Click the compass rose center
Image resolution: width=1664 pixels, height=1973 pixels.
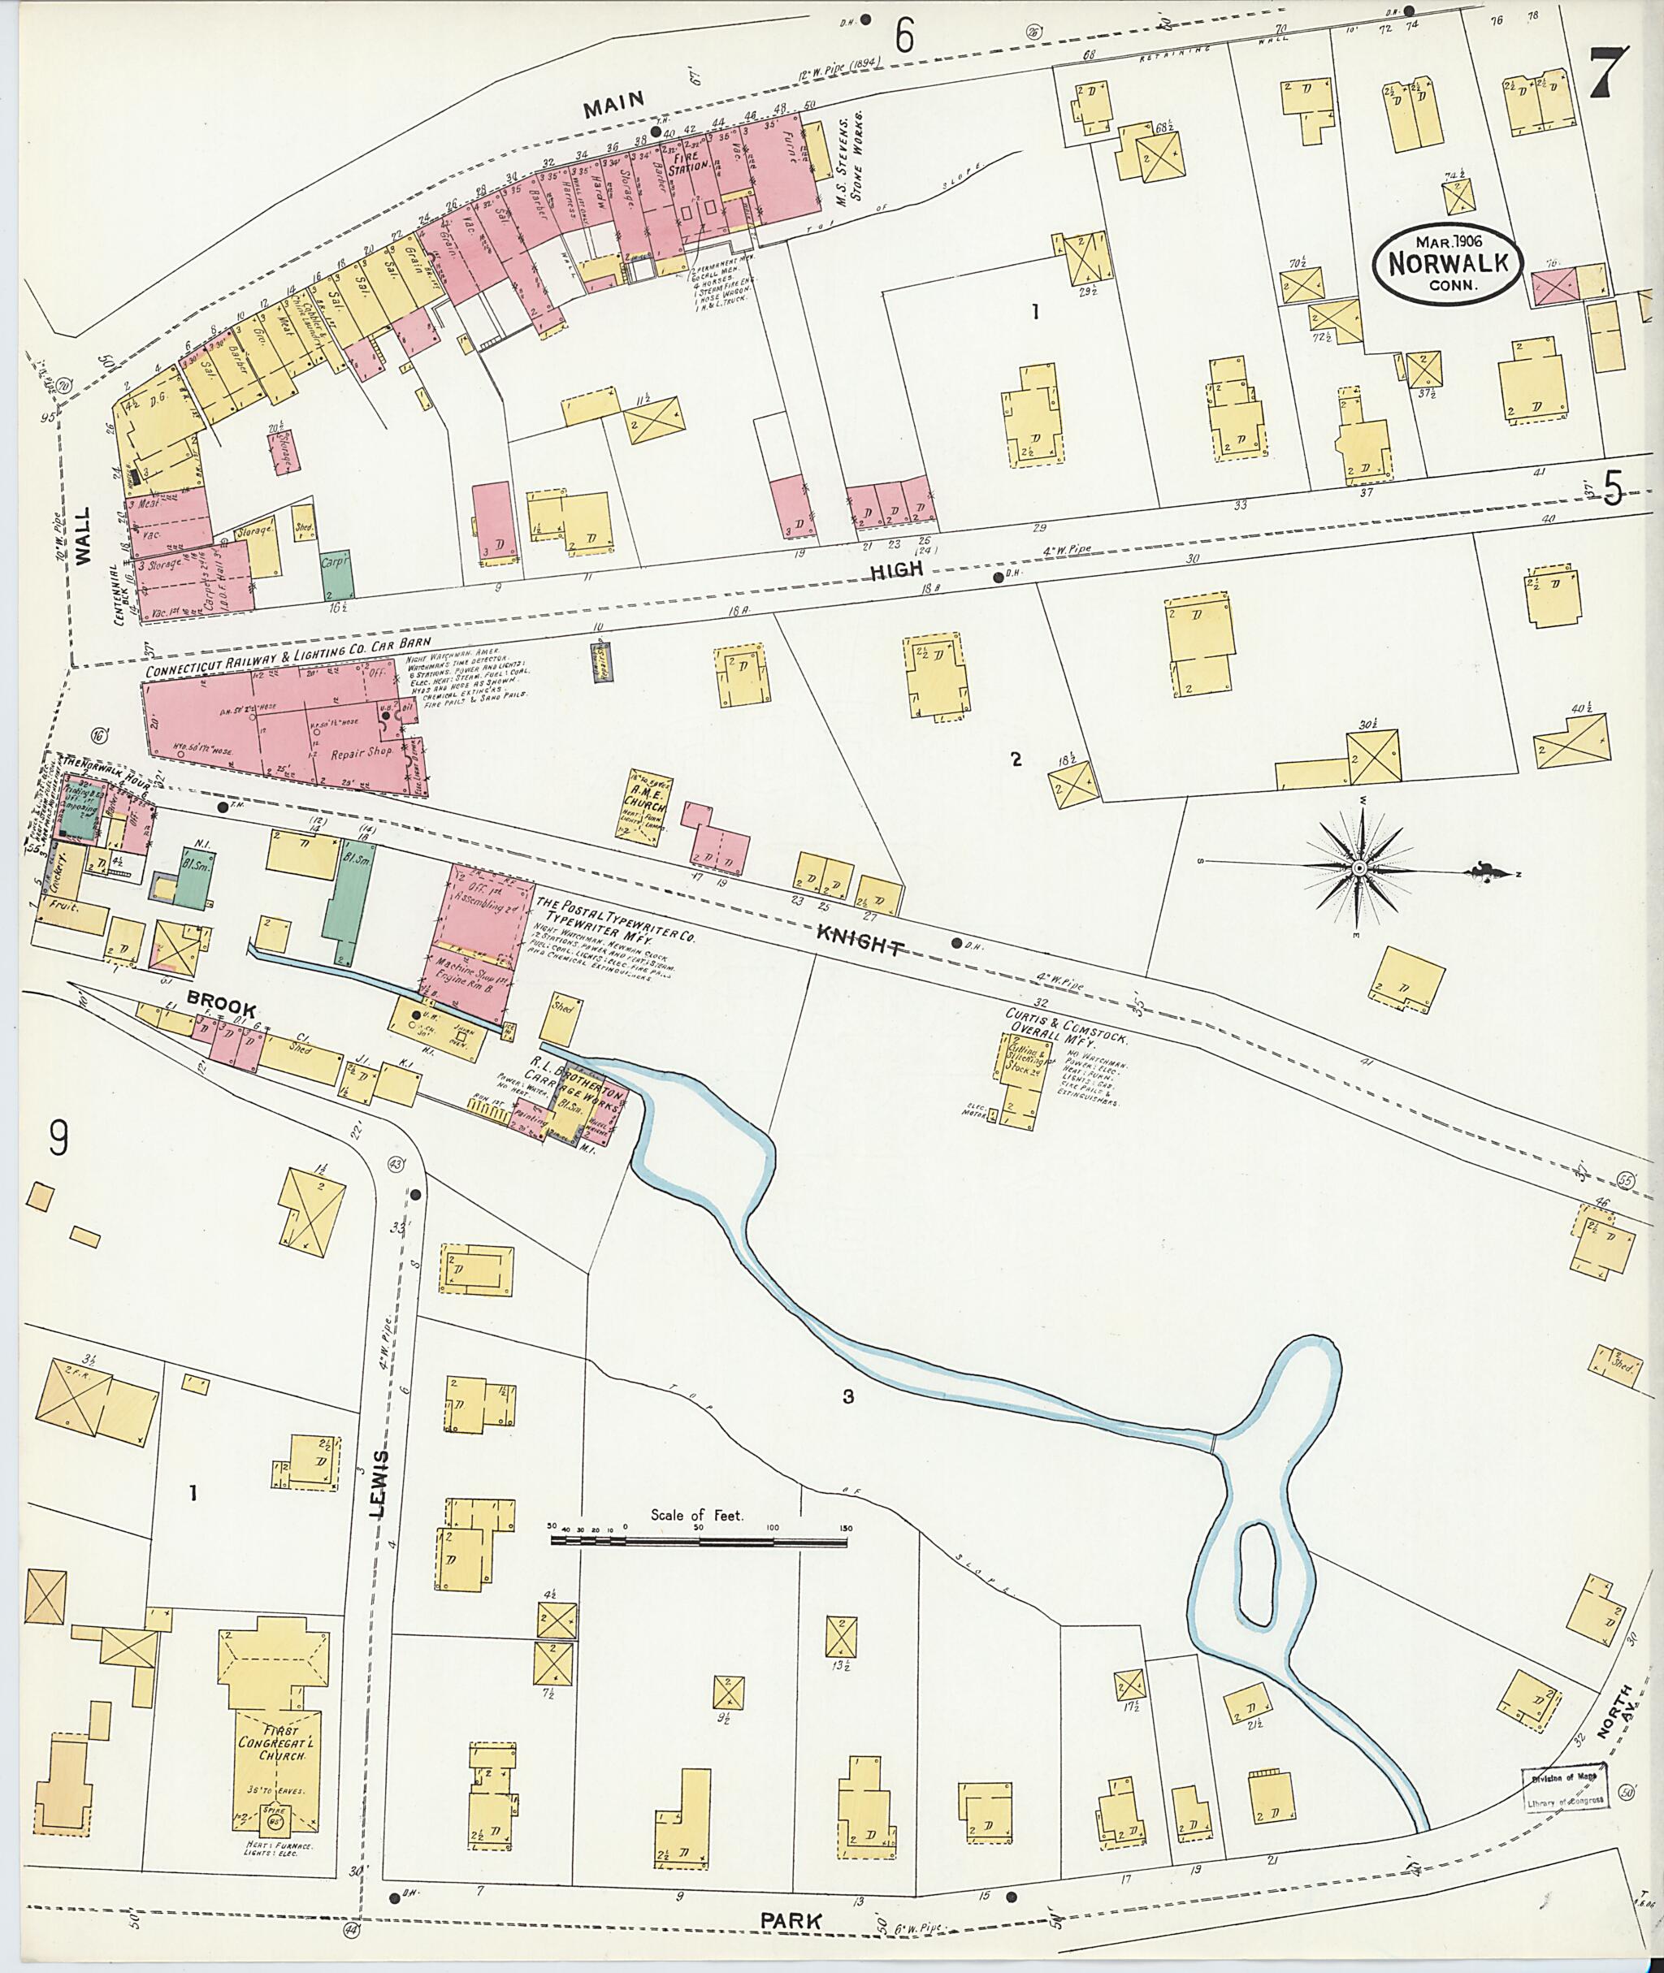1359,868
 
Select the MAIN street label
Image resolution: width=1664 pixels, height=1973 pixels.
613,104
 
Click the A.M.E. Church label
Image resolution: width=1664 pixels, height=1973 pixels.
647,800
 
